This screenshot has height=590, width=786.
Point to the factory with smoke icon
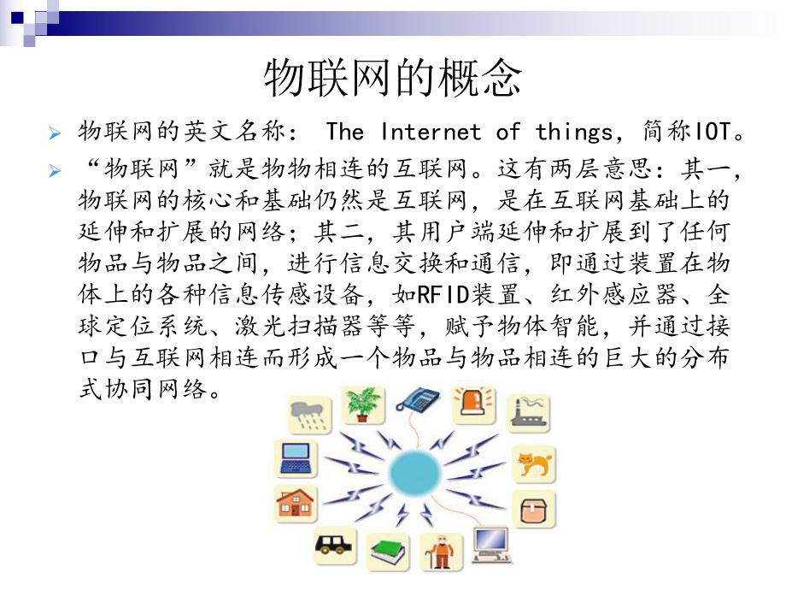530,413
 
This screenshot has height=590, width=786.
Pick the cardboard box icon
534,510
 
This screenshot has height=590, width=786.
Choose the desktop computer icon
490,544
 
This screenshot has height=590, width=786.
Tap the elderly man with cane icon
442,552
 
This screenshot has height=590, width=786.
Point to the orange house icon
296,504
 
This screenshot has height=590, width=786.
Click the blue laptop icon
296,457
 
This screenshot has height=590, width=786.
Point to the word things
578,132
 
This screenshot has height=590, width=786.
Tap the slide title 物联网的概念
392,79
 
